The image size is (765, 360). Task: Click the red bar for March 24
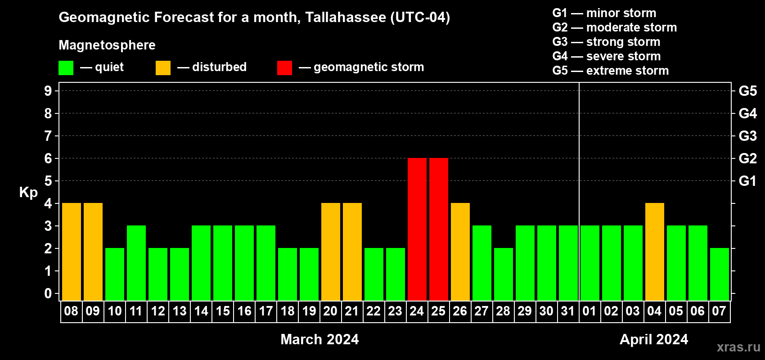[x=417, y=229]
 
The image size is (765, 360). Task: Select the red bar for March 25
[x=439, y=229]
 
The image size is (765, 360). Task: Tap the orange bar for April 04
[x=655, y=252]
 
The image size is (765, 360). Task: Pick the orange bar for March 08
[x=72, y=252]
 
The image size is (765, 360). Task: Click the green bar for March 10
[x=115, y=274]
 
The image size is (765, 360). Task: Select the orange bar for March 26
[x=460, y=252]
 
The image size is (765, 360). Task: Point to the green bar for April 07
[x=720, y=274]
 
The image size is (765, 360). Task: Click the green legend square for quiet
[x=66, y=67]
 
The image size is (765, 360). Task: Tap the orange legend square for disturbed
[x=163, y=67]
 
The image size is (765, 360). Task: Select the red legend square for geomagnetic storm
[x=284, y=67]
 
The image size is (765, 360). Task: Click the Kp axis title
[x=28, y=193]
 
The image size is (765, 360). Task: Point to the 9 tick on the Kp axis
[x=48, y=91]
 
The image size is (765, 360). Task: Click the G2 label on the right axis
[x=748, y=158]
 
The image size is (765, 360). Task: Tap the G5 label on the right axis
[x=748, y=91]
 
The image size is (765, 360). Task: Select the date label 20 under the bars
[x=330, y=311]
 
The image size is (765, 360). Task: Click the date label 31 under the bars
[x=568, y=311]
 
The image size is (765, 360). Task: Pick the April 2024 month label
[x=654, y=339]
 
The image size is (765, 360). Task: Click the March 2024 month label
[x=319, y=339]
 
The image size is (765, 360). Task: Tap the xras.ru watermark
[x=738, y=347]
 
